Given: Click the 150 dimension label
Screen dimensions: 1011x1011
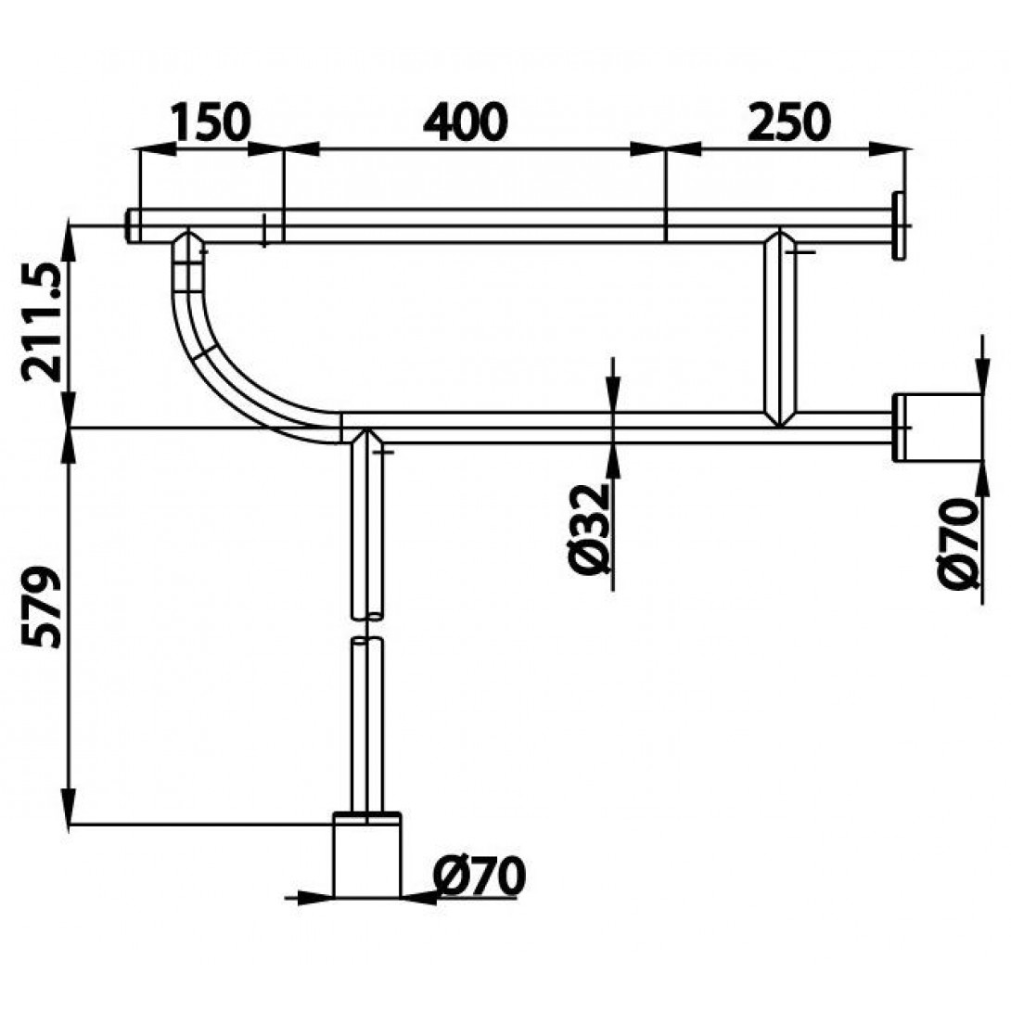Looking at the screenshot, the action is [211, 122].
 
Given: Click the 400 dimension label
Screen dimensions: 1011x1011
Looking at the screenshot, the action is [466, 122].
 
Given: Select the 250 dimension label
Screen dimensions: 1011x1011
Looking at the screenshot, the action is [788, 122].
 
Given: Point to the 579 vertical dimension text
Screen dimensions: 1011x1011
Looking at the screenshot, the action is [41, 606].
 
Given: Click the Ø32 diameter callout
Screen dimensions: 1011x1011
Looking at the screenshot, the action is [590, 528].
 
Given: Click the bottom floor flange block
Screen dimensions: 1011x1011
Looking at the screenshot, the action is [367, 854].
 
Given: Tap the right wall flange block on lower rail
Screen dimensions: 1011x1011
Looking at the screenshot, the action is [938, 428].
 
